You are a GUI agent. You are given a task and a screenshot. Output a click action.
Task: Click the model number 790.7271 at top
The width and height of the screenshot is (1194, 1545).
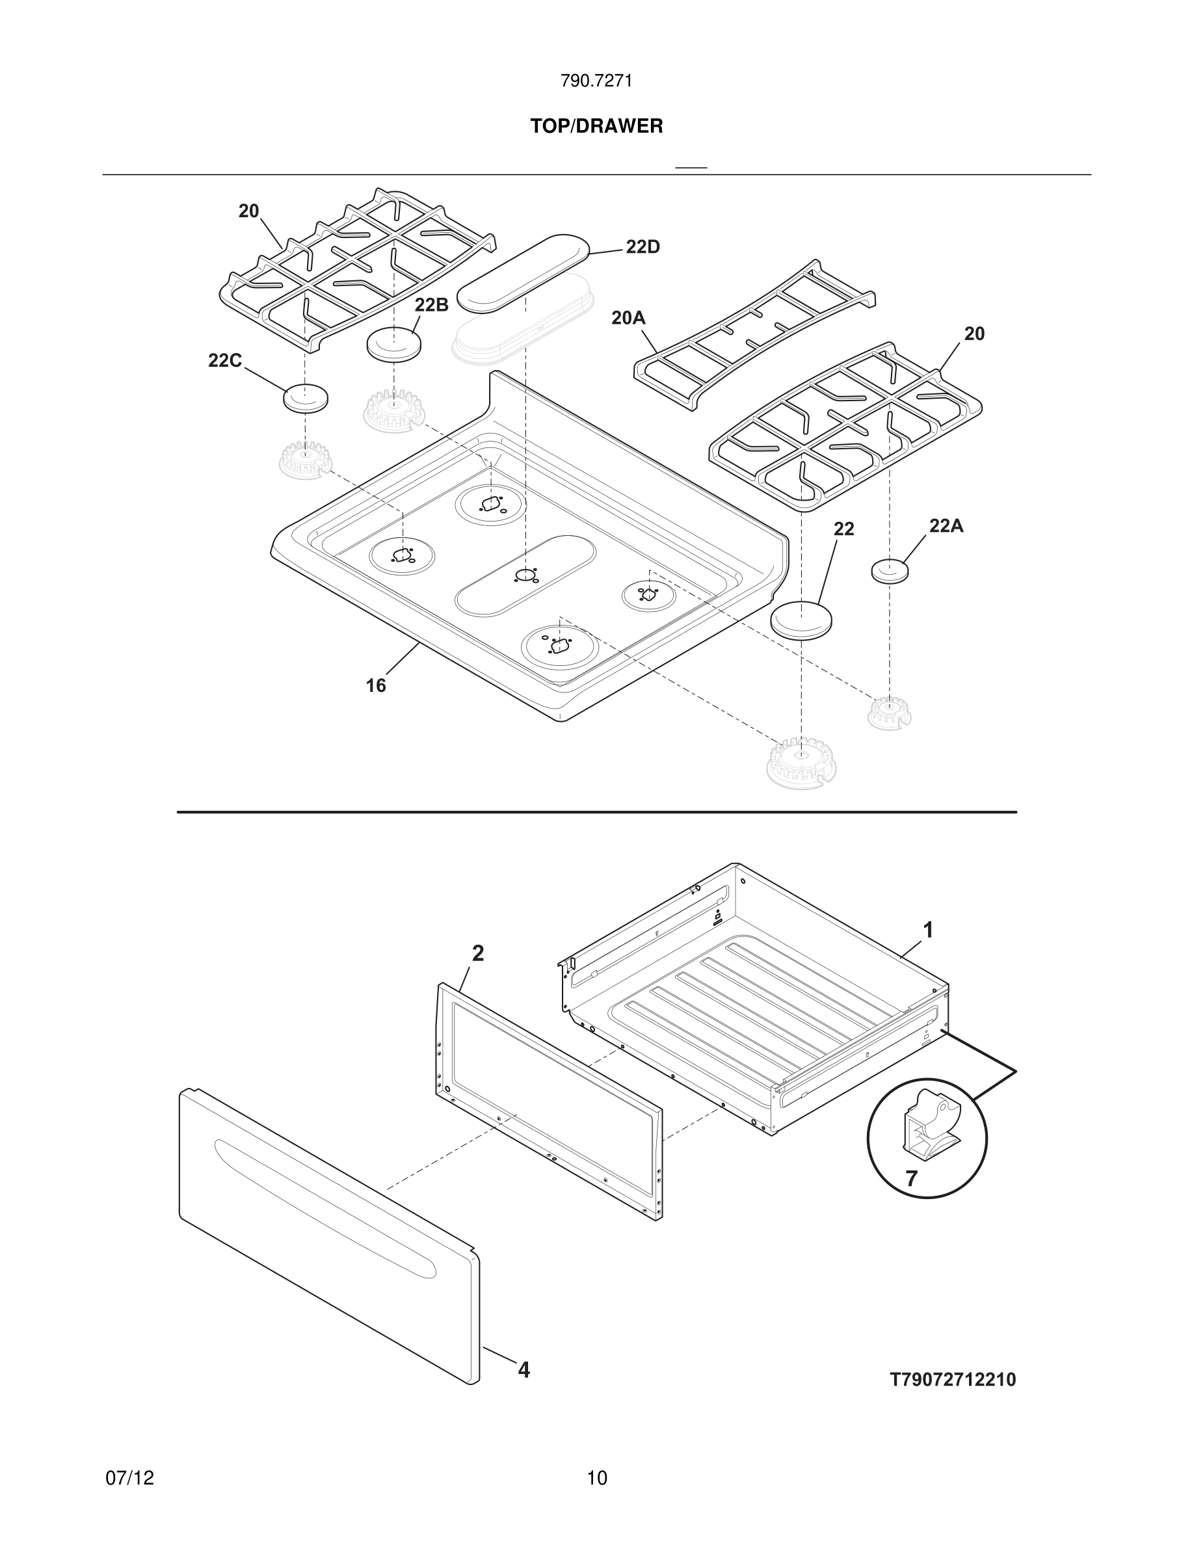tap(596, 81)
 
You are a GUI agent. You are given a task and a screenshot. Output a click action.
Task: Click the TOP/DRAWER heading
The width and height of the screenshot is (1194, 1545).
tap(596, 127)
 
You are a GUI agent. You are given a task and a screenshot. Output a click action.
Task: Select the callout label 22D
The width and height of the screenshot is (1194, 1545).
tap(643, 247)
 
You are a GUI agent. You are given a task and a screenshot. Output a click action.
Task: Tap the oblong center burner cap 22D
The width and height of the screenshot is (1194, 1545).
tap(524, 272)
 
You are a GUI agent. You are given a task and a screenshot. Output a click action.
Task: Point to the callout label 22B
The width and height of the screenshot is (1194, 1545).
tap(431, 305)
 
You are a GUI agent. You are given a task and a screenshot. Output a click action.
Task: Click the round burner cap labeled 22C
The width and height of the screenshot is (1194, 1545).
tap(306, 398)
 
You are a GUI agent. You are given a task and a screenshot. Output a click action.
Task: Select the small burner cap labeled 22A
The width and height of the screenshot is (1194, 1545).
tap(889, 570)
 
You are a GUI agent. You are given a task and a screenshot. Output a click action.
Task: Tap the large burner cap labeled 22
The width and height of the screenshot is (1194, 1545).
tap(801, 620)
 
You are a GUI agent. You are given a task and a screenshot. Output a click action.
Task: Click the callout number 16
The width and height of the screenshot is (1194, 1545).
tap(376, 685)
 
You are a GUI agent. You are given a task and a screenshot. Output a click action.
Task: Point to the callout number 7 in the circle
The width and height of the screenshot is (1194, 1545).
tap(911, 1178)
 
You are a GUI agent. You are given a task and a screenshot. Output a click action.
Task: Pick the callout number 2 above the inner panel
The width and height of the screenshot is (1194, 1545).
tap(478, 954)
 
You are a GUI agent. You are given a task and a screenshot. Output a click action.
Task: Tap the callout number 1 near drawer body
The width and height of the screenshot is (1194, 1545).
tap(928, 931)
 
